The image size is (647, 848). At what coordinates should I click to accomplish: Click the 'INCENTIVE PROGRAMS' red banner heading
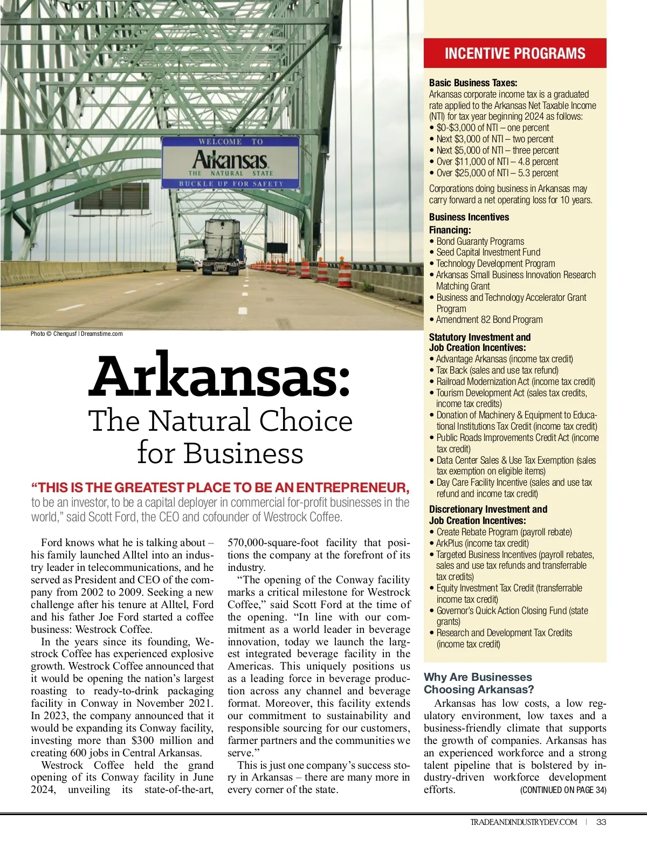(x=515, y=53)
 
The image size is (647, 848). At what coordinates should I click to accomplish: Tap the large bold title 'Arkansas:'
(x=220, y=376)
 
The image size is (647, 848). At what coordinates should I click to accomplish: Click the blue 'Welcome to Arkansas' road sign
(x=230, y=162)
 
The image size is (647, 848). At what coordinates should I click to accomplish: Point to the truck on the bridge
(x=222, y=246)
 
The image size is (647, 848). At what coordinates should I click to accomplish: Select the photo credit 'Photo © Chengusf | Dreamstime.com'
(x=77, y=334)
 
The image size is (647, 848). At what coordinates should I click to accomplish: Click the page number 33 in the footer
(x=602, y=822)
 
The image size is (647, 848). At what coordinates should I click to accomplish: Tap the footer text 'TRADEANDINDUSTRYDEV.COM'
(x=524, y=822)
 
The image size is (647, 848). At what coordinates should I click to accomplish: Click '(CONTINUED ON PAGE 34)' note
(x=563, y=790)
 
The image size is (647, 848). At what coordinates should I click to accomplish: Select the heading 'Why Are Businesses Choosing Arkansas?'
(x=478, y=683)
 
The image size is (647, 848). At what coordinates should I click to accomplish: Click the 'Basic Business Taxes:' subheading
(x=473, y=83)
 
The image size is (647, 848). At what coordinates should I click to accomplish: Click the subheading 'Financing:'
(x=450, y=230)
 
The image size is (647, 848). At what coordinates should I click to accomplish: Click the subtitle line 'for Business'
(x=220, y=453)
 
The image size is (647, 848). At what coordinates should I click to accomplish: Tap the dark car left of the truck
(x=187, y=264)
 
